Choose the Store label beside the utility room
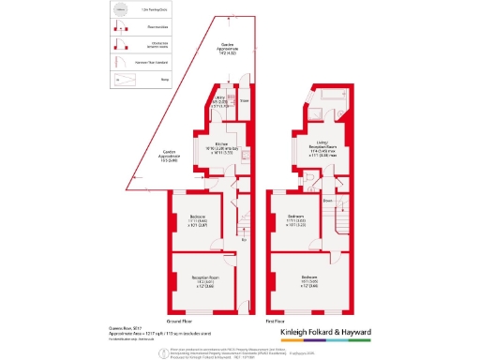pyautogui.click(x=244, y=99)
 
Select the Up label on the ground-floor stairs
pyautogui.click(x=244, y=239)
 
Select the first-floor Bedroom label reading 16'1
pyautogui.click(x=308, y=280)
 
